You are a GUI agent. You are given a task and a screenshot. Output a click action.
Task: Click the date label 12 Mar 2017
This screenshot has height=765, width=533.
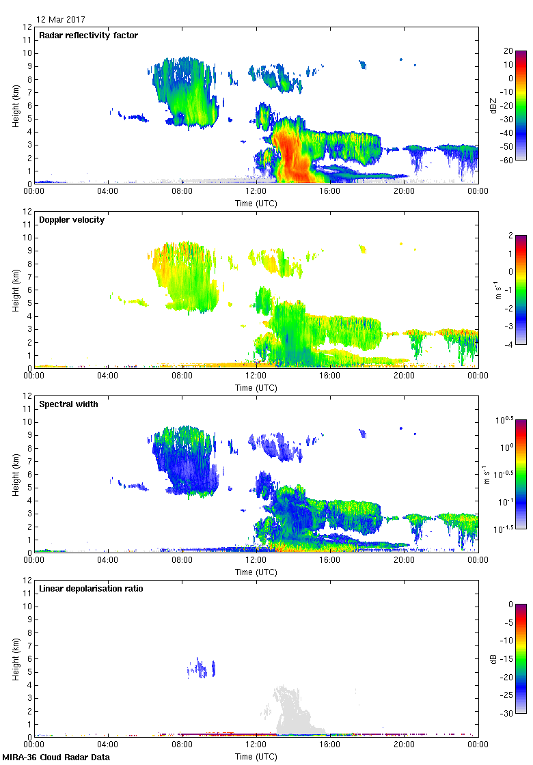click(x=61, y=20)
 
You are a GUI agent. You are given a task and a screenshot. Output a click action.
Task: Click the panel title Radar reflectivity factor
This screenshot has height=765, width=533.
click(x=89, y=36)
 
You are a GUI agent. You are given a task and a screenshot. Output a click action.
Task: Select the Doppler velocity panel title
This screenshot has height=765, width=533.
click(x=72, y=220)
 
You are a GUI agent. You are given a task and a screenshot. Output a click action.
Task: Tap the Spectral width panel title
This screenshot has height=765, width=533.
click(x=69, y=404)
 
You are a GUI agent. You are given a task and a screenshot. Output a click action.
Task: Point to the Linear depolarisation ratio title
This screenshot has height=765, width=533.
click(x=91, y=589)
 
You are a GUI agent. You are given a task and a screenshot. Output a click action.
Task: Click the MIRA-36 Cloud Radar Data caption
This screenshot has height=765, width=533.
click(x=56, y=757)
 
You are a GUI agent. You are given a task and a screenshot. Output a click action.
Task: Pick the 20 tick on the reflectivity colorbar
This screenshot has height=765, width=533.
click(x=508, y=51)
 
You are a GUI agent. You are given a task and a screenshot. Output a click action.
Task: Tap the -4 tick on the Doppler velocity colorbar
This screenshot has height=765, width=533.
click(x=508, y=344)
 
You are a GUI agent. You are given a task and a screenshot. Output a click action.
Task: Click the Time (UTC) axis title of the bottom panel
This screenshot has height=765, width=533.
click(x=256, y=757)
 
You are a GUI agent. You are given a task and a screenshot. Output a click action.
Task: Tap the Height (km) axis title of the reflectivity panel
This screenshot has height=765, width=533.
click(x=15, y=105)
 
